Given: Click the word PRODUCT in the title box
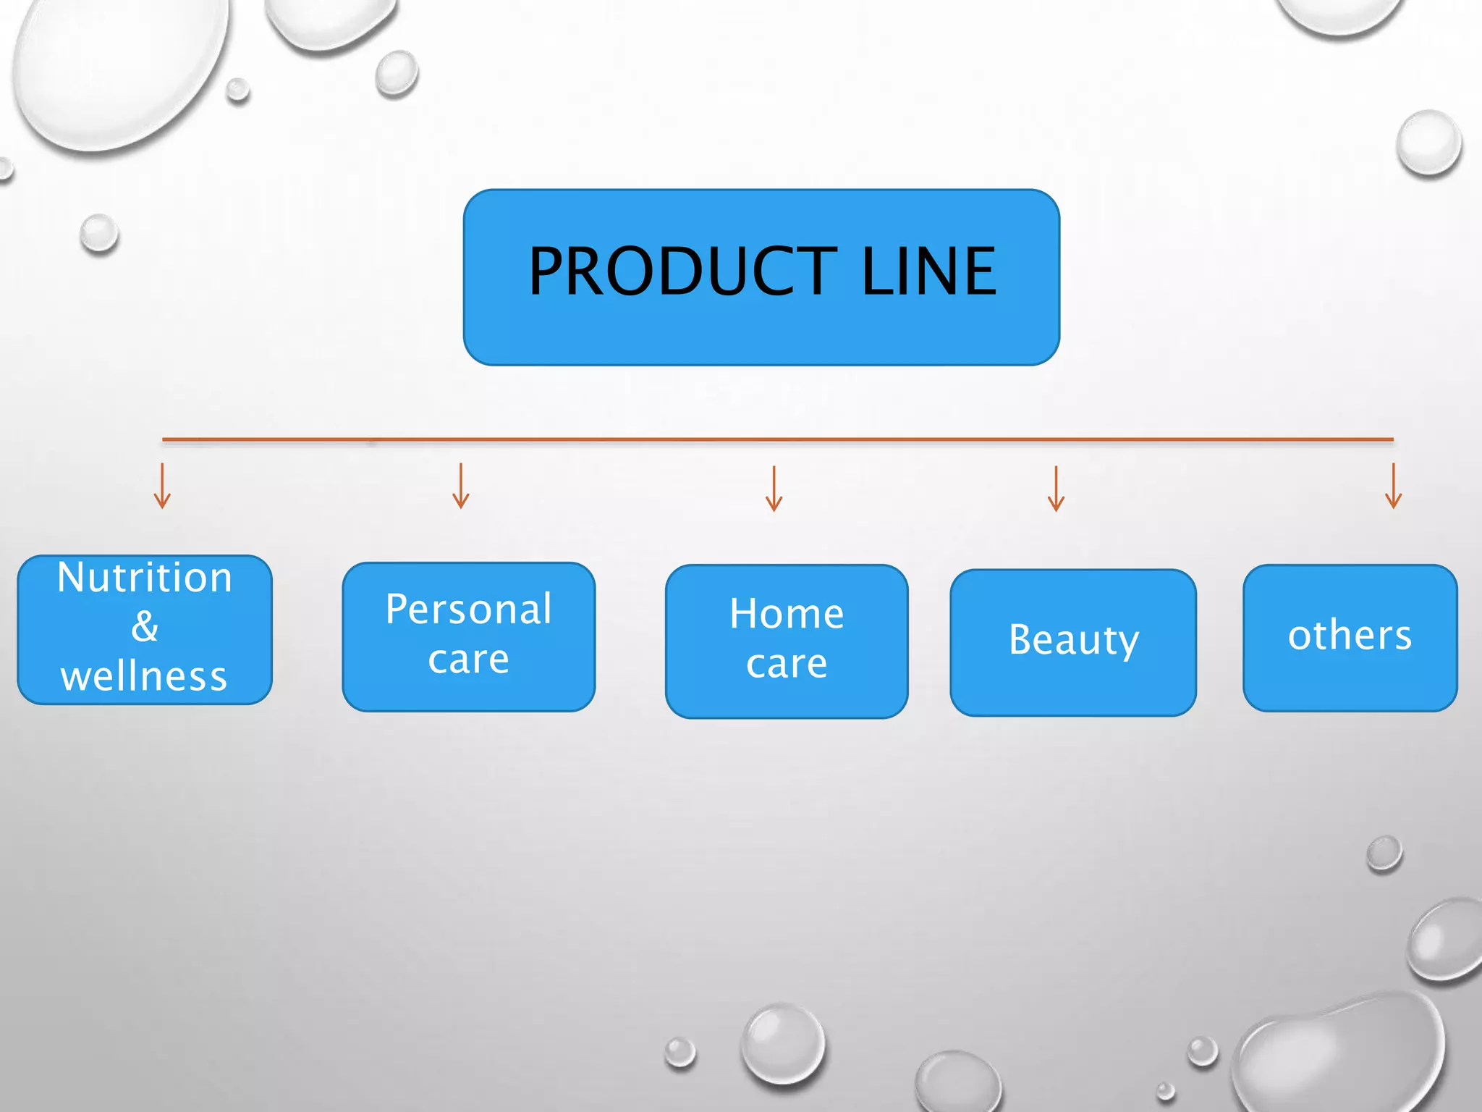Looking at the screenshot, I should (682, 271).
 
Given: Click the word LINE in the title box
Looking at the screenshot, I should (929, 271).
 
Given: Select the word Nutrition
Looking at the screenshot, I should (145, 578).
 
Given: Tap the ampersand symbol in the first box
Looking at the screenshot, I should (145, 626).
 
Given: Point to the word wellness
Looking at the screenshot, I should (145, 676).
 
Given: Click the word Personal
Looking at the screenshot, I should (469, 609).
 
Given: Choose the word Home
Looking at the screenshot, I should (787, 614).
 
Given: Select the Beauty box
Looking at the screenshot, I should (1073, 641).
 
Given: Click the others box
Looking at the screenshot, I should (1350, 637).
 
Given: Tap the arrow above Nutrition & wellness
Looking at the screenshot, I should (162, 486).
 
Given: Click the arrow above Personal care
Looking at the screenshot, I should (461, 486).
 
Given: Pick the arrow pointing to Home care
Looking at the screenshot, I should (774, 489).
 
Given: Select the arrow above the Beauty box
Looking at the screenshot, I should (1057, 489).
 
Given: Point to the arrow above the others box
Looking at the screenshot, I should (1393, 486).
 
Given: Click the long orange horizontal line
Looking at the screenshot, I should (778, 439).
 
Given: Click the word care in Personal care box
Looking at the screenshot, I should (469, 660).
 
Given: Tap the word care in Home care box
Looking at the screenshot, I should (787, 664).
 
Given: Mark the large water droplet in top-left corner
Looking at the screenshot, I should (116, 65).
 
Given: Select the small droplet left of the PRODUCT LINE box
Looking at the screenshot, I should (99, 233).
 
